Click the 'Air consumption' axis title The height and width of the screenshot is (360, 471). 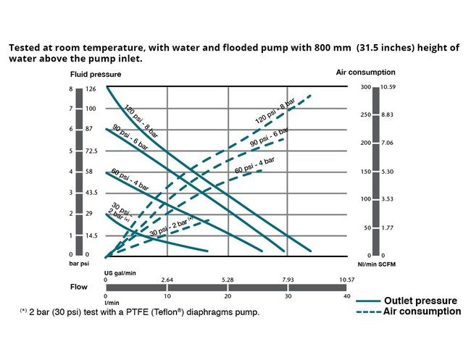click(366, 72)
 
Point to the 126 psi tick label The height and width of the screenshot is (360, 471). click(91, 89)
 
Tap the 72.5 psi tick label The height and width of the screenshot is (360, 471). click(92, 151)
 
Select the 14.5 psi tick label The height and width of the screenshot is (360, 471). click(91, 235)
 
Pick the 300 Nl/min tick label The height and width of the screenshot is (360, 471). click(365, 88)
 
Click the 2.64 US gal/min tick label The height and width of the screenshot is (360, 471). click(167, 279)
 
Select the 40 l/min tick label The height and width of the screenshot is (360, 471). click(347, 296)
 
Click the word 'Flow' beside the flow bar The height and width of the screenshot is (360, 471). click(79, 287)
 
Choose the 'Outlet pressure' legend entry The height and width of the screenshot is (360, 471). click(420, 301)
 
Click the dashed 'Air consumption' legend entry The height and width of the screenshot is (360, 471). click(422, 311)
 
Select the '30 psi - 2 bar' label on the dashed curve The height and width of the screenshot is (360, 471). click(172, 227)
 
